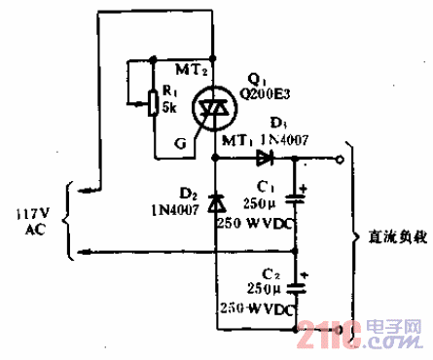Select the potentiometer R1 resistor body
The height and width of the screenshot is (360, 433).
pyautogui.click(x=152, y=102)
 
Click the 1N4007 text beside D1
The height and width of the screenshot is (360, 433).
pyautogui.click(x=284, y=141)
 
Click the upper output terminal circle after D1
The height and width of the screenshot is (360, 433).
pyautogui.click(x=340, y=157)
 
